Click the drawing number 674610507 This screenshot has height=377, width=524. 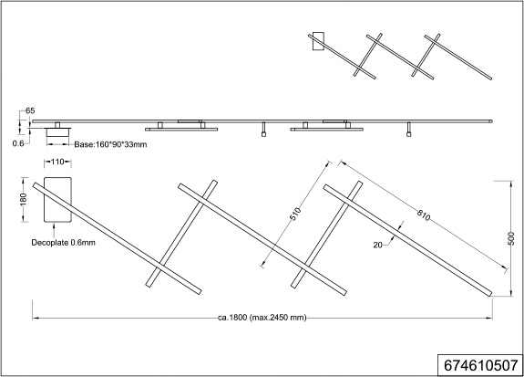[481, 365]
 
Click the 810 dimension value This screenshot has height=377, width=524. [424, 215]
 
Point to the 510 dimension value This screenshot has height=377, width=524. [295, 214]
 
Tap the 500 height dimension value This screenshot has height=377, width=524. [511, 238]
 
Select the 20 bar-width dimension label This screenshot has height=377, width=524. [377, 245]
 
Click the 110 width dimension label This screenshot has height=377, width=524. [57, 162]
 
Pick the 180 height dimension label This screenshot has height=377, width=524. [23, 200]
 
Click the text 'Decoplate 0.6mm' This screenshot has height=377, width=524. [63, 243]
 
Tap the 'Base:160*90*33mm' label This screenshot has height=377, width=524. [110, 144]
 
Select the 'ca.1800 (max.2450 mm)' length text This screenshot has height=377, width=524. [262, 318]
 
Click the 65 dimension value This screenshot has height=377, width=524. [30, 110]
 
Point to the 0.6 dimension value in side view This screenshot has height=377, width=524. [18, 143]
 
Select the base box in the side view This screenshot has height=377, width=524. [57, 133]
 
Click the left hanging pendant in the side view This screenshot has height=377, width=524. [263, 130]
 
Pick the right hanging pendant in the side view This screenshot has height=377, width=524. [408, 130]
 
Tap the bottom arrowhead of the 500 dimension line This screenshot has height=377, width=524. [510, 293]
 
